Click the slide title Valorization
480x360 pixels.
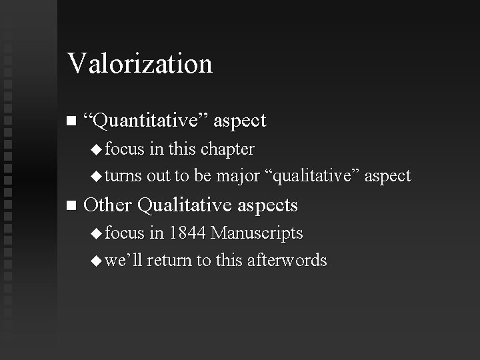tap(139, 64)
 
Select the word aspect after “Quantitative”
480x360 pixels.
tap(241, 121)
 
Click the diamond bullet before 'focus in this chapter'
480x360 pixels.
tap(97, 149)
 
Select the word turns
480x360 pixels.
tap(123, 177)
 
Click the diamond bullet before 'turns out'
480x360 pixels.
tap(97, 177)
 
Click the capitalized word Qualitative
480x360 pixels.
tap(183, 205)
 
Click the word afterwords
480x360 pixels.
tap(287, 260)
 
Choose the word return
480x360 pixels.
tap(169, 261)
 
